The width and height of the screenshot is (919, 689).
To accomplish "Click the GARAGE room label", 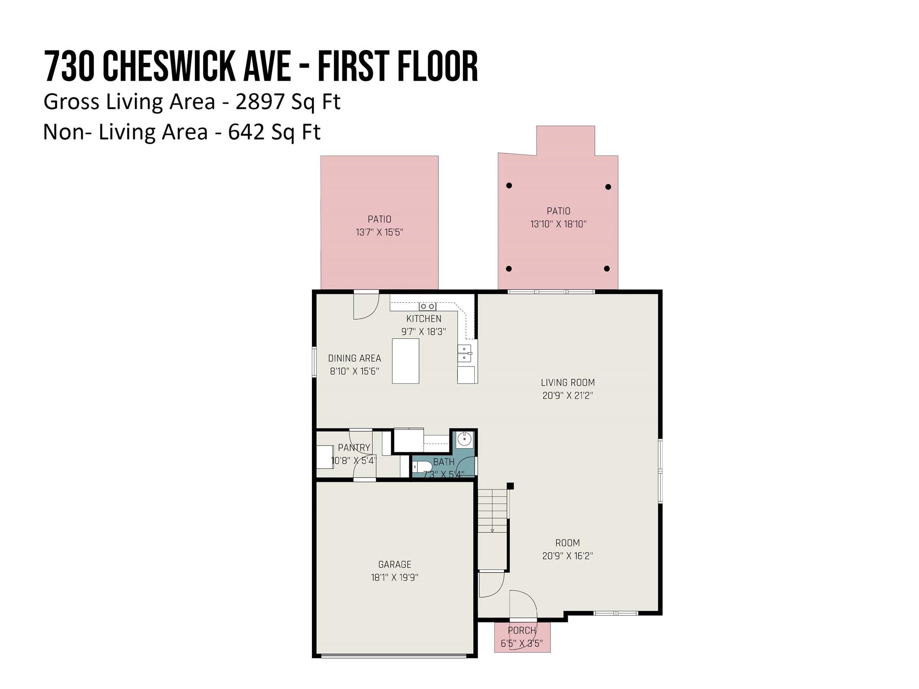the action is [394, 564].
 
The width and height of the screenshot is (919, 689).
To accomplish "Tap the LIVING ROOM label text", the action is [568, 383].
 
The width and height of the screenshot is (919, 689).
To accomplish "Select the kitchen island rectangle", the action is [406, 361].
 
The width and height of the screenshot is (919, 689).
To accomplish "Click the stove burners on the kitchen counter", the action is [427, 306].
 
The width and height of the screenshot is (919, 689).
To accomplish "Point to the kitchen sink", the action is [464, 353].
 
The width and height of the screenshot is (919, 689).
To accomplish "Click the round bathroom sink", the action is [464, 439].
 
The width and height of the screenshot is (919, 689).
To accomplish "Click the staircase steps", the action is [492, 510].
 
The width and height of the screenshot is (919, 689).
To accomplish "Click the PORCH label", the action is [522, 630].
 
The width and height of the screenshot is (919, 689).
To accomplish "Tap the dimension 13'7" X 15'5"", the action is [380, 232].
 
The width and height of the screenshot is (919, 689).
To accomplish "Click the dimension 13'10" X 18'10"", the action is [558, 224].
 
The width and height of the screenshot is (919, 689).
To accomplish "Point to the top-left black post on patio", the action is [509, 185].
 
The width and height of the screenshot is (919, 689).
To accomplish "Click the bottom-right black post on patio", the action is [607, 269].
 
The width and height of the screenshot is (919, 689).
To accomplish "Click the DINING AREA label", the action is [354, 358].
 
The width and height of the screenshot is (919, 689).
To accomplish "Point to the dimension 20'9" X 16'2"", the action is [568, 556].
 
